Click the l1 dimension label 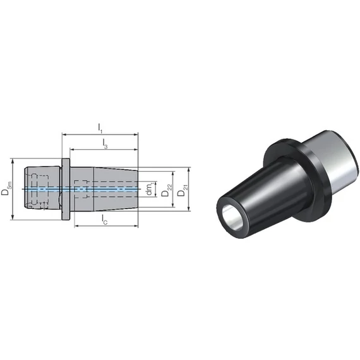100,128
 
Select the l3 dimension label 104,143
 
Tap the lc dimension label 104,220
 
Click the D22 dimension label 166,190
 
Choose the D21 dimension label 183,190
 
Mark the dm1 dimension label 150,189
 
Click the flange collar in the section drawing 66,189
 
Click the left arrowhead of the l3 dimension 72,150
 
